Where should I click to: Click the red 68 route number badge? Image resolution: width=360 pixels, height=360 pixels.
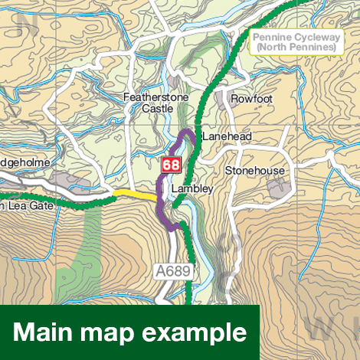(172, 165)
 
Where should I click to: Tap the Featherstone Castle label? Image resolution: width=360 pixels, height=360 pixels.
(150, 103)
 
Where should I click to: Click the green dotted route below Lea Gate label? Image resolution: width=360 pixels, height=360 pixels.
(46, 208)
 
